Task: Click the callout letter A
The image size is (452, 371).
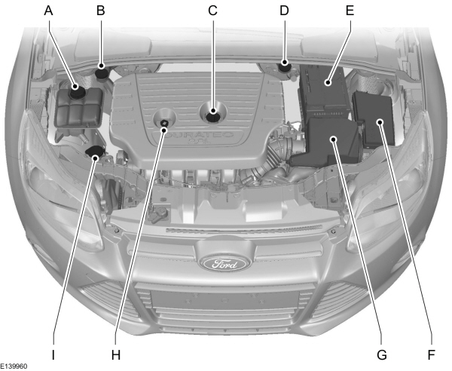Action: (50, 11)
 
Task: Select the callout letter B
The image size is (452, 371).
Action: (100, 11)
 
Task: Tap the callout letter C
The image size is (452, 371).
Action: (212, 11)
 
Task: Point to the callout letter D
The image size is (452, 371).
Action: (284, 11)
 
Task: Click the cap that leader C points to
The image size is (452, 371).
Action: (213, 115)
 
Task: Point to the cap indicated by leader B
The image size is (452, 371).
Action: (102, 72)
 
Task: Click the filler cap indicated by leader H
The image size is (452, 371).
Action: (163, 122)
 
